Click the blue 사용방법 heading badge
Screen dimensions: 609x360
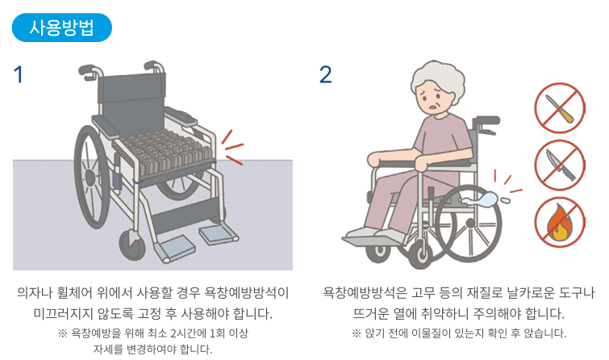click(62, 27)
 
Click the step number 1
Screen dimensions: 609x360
click(19, 74)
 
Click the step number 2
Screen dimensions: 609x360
click(326, 74)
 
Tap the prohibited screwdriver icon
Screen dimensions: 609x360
click(560, 107)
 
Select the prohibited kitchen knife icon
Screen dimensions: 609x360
click(560, 165)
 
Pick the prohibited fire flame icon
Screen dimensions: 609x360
click(560, 222)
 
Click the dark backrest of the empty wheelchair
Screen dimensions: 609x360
click(131, 100)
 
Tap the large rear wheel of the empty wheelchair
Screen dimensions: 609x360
click(91, 177)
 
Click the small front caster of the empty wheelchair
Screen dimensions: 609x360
click(132, 245)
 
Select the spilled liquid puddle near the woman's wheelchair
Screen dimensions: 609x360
click(481, 199)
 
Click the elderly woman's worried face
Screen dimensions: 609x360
click(434, 97)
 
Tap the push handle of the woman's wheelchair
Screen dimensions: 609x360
click(487, 121)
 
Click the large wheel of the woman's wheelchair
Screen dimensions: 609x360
click(469, 224)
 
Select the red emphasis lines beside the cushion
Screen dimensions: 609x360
click(232, 148)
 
